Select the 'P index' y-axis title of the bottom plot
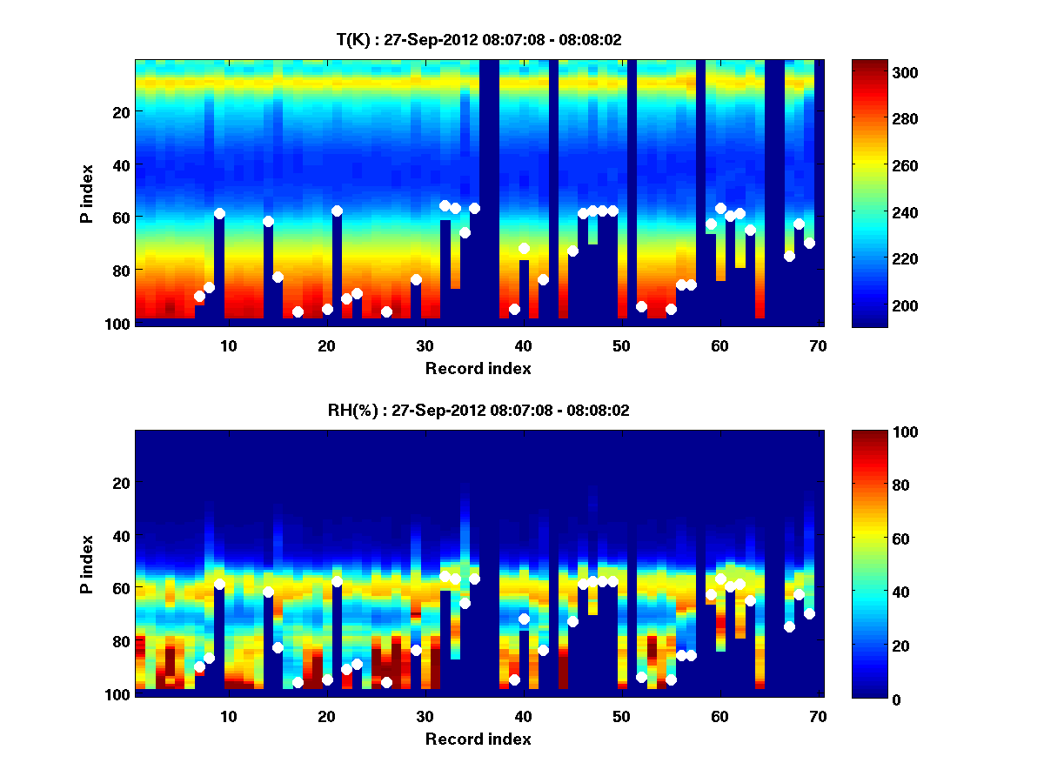87,563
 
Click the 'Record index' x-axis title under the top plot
478,368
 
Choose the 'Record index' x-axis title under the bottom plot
478,739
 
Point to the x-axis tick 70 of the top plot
817,345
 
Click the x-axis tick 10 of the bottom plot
228,716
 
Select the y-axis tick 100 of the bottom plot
117,694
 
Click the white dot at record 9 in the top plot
219,213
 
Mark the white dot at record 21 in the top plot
337,211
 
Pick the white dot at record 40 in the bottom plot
524,619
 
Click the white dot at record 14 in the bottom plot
268,592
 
